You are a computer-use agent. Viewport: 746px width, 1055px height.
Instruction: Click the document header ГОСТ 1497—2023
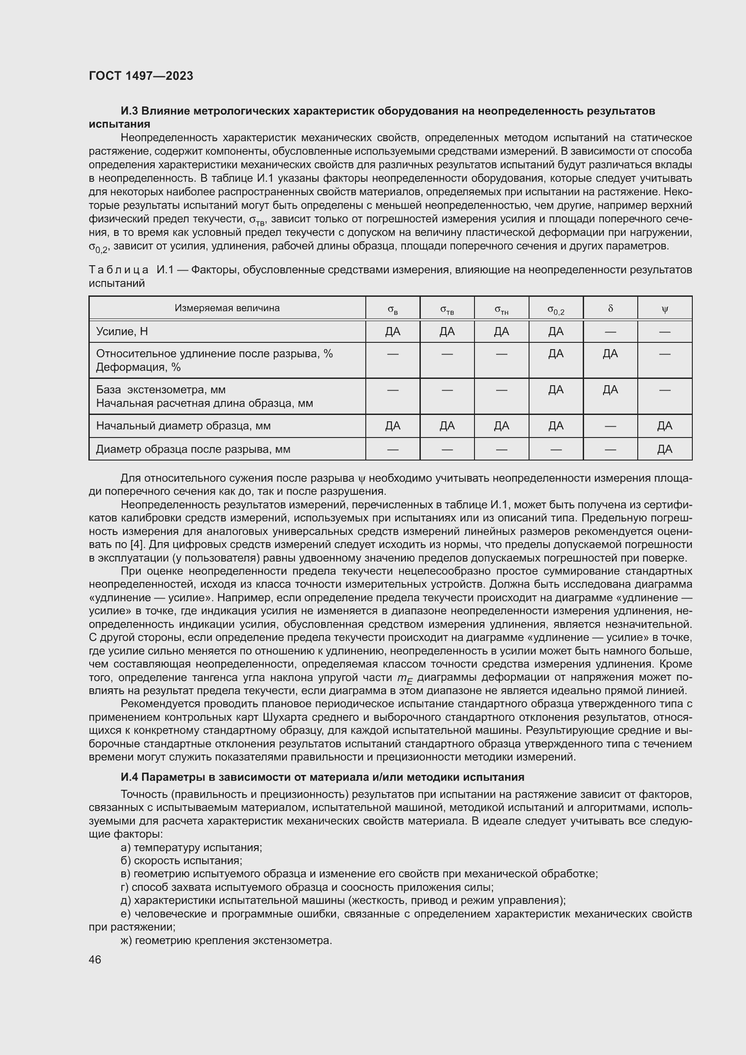[141, 76]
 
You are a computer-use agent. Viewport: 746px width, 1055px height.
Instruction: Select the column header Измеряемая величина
[227, 309]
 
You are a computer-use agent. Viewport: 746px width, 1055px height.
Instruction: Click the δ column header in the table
[610, 309]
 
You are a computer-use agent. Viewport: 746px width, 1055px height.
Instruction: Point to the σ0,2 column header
[555, 310]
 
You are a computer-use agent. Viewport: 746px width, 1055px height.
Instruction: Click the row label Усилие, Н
[122, 332]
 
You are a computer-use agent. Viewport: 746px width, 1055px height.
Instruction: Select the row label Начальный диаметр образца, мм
[183, 426]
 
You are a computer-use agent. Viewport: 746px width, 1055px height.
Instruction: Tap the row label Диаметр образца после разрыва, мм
[193, 449]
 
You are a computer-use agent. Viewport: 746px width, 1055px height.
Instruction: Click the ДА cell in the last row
[664, 449]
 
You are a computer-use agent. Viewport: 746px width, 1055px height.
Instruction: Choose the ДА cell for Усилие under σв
[392, 332]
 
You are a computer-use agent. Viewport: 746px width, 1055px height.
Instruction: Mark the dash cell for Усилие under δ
[610, 332]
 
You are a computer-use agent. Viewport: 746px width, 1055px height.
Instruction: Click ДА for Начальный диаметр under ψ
[664, 426]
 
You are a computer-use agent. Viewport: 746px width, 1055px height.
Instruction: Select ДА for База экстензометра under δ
[610, 390]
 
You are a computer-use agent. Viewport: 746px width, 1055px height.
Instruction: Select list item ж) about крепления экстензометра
[226, 940]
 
